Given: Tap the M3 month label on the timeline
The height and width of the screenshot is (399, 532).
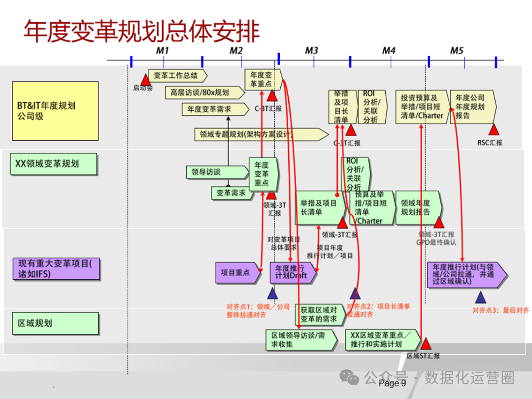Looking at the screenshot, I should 311,51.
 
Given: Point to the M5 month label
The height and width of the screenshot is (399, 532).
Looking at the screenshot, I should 457,51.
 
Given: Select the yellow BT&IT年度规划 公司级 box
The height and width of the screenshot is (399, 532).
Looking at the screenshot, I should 55,111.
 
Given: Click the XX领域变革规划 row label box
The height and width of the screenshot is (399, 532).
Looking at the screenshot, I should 54,163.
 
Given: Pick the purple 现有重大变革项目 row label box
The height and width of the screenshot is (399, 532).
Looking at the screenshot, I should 55,268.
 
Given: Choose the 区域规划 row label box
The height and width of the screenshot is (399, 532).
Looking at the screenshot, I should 55,323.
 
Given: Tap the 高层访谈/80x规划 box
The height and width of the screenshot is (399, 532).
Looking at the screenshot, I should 203,92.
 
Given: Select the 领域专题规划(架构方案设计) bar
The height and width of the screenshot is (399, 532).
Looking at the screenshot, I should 261,133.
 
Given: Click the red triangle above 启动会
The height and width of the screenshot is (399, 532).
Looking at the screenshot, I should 145,79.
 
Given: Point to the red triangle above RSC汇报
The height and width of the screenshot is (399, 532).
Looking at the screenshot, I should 494,130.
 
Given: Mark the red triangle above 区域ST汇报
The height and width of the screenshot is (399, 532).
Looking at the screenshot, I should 425,343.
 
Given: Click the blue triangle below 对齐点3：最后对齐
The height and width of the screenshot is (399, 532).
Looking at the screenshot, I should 481,297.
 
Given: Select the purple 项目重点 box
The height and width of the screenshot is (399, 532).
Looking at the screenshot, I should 237,272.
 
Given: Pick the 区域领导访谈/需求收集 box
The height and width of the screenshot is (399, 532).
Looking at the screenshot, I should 301,340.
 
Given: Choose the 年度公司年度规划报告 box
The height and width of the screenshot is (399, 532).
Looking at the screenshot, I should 472,106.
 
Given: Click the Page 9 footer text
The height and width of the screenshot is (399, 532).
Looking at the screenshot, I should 392,383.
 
